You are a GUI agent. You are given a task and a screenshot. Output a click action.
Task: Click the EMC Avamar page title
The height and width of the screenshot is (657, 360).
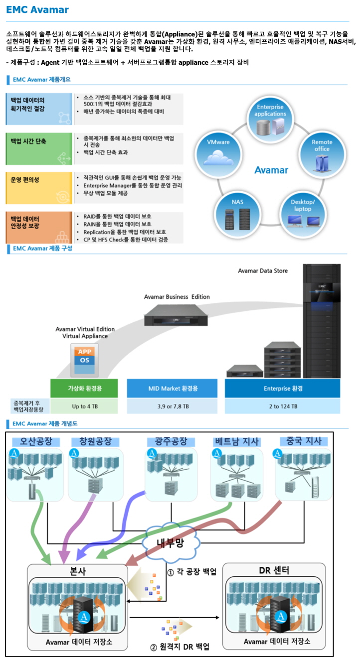[x=37, y=10]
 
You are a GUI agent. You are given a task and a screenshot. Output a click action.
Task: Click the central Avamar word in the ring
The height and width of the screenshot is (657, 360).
[x=271, y=170]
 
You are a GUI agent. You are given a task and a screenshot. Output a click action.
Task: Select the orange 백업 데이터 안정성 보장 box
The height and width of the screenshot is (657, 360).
[x=39, y=227]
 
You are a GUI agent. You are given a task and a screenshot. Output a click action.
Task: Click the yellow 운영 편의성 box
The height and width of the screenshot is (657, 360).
[x=39, y=187]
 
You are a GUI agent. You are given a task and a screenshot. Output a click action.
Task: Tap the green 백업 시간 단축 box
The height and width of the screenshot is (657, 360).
[x=39, y=148]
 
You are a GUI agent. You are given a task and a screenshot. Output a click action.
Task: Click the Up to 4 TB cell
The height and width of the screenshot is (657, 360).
[x=84, y=406]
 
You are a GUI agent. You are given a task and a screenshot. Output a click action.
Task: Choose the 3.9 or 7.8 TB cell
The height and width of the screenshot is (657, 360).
[x=172, y=406]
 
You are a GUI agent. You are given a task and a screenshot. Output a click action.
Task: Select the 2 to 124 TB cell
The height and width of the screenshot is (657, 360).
[x=283, y=406]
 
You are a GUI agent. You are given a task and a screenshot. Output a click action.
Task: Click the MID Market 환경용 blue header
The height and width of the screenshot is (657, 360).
[x=172, y=389]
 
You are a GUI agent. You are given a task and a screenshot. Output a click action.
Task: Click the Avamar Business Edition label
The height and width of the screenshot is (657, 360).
[x=177, y=297]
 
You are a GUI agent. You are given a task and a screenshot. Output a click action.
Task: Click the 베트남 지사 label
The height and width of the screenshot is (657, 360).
[x=236, y=442]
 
